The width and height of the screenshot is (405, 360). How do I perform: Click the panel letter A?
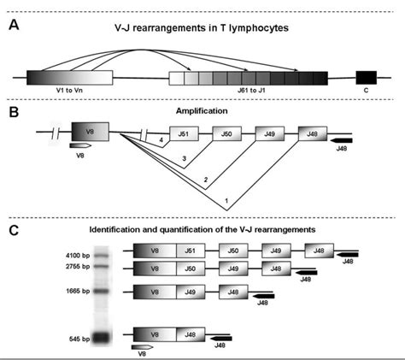pyautogui.click(x=14, y=25)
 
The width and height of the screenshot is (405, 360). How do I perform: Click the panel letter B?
pyautogui.click(x=14, y=112)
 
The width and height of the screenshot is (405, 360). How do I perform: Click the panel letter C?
pyautogui.click(x=14, y=231)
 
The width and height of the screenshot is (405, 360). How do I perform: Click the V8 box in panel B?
pyautogui.click(x=89, y=133)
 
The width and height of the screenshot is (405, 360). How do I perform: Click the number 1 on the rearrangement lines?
pyautogui.click(x=226, y=200)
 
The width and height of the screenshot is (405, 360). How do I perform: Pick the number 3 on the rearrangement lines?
pyautogui.click(x=183, y=159)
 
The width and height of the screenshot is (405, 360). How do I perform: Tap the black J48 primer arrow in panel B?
pyautogui.click(x=342, y=140)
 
